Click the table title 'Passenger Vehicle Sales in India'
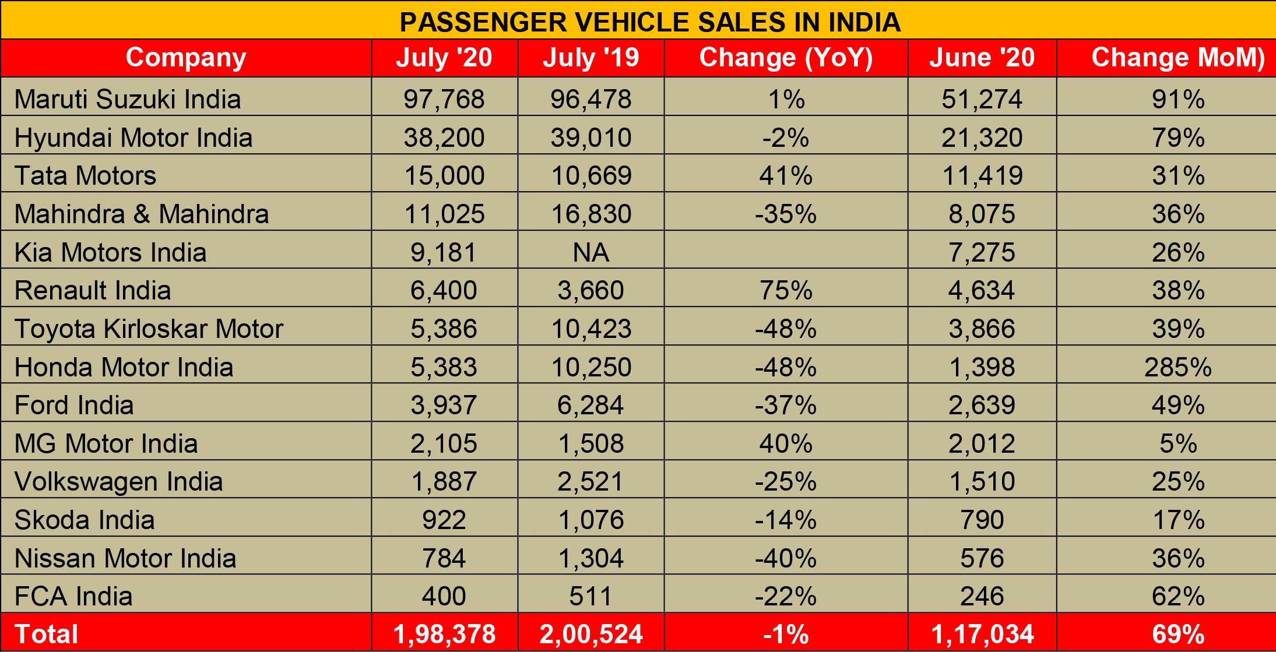(x=650, y=22)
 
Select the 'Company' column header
(x=186, y=58)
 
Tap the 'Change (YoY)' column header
(x=786, y=58)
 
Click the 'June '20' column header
(x=982, y=58)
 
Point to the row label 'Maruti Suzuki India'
(x=128, y=99)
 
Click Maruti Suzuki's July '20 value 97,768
(x=444, y=100)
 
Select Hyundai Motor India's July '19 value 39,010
(x=591, y=138)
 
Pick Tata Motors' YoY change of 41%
(x=786, y=176)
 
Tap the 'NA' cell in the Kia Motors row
(x=591, y=252)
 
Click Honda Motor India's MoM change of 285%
(x=1177, y=367)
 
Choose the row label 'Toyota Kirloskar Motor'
(x=149, y=329)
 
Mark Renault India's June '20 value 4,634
(x=982, y=291)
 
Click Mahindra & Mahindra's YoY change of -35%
(x=786, y=214)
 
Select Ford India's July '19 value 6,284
(x=591, y=406)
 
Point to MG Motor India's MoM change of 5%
(x=1177, y=444)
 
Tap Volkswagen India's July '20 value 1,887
(x=444, y=482)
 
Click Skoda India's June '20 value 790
(x=982, y=520)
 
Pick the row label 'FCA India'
(x=73, y=597)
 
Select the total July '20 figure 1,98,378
(x=444, y=635)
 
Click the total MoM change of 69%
(x=1177, y=635)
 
